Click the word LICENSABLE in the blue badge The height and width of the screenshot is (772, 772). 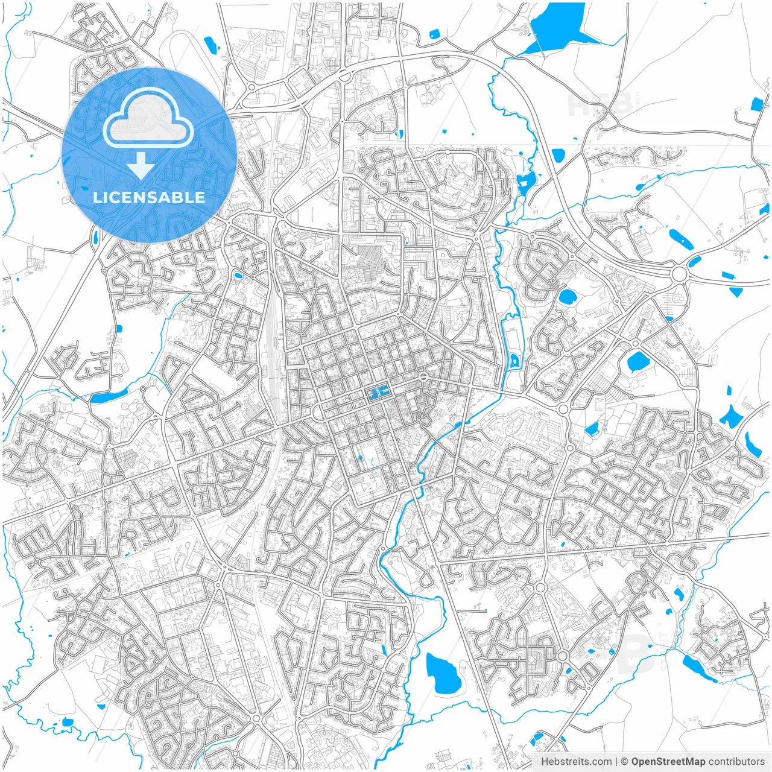point(149,197)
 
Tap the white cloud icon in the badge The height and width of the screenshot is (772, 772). point(148,118)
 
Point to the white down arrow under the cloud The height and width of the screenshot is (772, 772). point(141,165)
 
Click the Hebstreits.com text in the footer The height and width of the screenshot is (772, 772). point(576,761)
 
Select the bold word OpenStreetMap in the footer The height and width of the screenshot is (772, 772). point(668,761)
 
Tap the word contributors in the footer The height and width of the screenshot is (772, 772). point(736,761)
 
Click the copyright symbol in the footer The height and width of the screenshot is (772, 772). point(625,761)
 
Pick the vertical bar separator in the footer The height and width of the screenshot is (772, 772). point(616,761)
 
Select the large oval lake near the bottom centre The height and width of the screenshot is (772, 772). point(443,673)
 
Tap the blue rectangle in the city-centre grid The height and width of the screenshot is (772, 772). point(378,394)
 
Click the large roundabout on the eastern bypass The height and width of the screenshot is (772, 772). point(679,274)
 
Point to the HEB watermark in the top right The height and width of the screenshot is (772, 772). point(601,104)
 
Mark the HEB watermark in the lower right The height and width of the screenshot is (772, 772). point(615,654)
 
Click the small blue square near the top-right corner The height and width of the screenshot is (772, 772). point(756,104)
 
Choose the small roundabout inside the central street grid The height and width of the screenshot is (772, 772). point(424,376)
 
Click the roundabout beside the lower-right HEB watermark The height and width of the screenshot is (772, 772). point(563,656)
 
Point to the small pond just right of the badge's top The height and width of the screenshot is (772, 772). point(209,44)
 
